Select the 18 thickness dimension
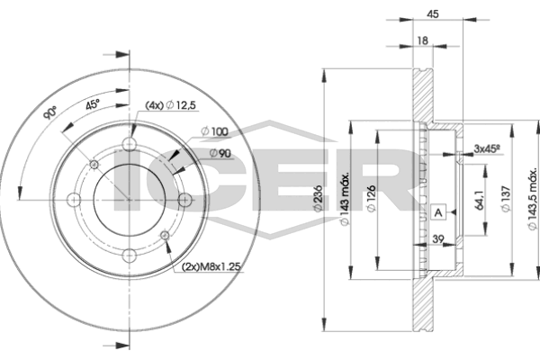[421, 41]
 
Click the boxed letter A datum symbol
[438, 212]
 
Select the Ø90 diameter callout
[222, 154]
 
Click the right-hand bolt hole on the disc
[183, 200]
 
